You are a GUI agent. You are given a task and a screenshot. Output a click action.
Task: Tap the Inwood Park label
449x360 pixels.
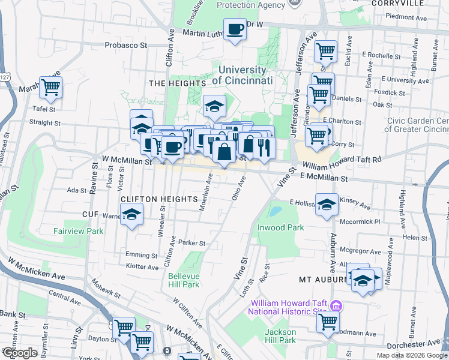281,227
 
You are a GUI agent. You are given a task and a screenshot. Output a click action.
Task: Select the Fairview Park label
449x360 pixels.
78,230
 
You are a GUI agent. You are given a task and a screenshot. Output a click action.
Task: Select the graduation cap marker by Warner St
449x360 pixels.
131,214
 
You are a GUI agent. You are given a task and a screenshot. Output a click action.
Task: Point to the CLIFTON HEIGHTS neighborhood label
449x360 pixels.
159,199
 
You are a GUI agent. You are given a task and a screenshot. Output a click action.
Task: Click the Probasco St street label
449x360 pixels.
126,45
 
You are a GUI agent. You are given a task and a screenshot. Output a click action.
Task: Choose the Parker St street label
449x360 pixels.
192,243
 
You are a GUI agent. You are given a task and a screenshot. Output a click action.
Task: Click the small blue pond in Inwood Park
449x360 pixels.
276,211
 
